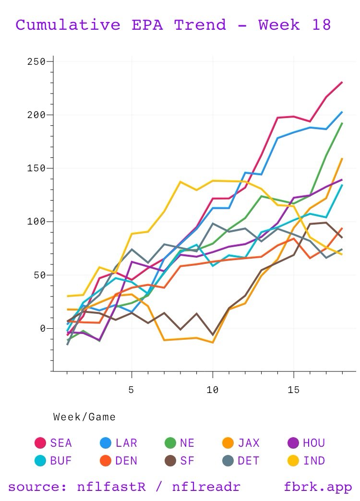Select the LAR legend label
point(126,442)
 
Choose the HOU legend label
point(314,442)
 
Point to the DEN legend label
point(126,461)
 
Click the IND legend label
point(314,461)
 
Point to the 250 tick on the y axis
point(36,62)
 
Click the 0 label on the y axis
point(43,329)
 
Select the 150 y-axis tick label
point(36,168)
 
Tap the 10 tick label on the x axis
point(212,390)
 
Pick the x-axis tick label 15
point(294,390)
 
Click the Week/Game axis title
point(84,417)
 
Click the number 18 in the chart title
point(320,24)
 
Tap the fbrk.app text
point(318,487)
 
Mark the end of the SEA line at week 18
point(342,82)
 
